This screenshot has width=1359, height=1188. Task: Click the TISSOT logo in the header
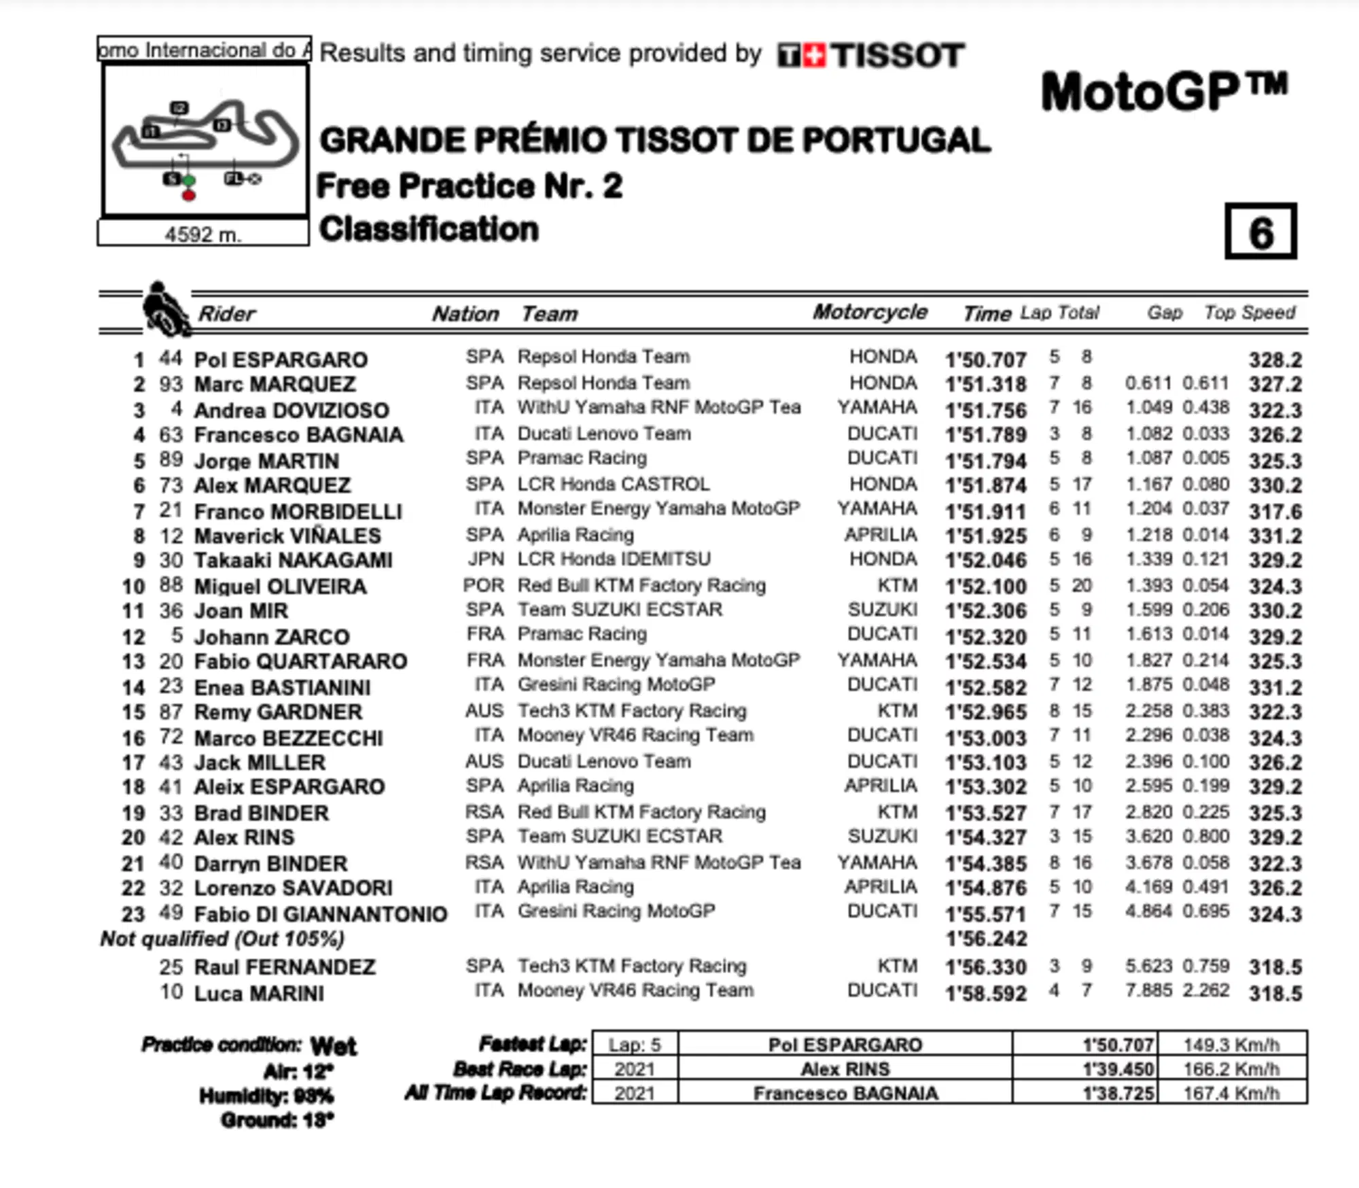(871, 55)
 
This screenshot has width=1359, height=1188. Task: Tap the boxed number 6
(1260, 232)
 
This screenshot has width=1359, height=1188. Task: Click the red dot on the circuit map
(189, 196)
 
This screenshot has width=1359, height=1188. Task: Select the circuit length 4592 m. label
(202, 234)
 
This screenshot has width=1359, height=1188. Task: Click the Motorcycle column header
(870, 312)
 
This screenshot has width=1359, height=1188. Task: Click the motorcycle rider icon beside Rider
(164, 310)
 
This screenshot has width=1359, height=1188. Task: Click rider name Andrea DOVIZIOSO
(292, 410)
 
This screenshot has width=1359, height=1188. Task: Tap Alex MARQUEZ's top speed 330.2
(1275, 485)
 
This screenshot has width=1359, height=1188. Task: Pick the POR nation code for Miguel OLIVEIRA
(484, 585)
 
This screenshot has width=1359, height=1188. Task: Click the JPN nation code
(486, 559)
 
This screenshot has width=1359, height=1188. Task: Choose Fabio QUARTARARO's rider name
(300, 661)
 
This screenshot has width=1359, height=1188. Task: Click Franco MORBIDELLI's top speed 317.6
(1275, 511)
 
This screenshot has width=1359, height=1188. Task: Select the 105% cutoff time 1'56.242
(986, 939)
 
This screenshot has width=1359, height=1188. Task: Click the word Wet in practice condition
(333, 1045)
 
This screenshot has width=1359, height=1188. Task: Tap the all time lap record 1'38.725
(1118, 1094)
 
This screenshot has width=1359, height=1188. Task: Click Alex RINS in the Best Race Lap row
(845, 1069)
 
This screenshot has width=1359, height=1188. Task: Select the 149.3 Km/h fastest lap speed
(1231, 1045)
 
